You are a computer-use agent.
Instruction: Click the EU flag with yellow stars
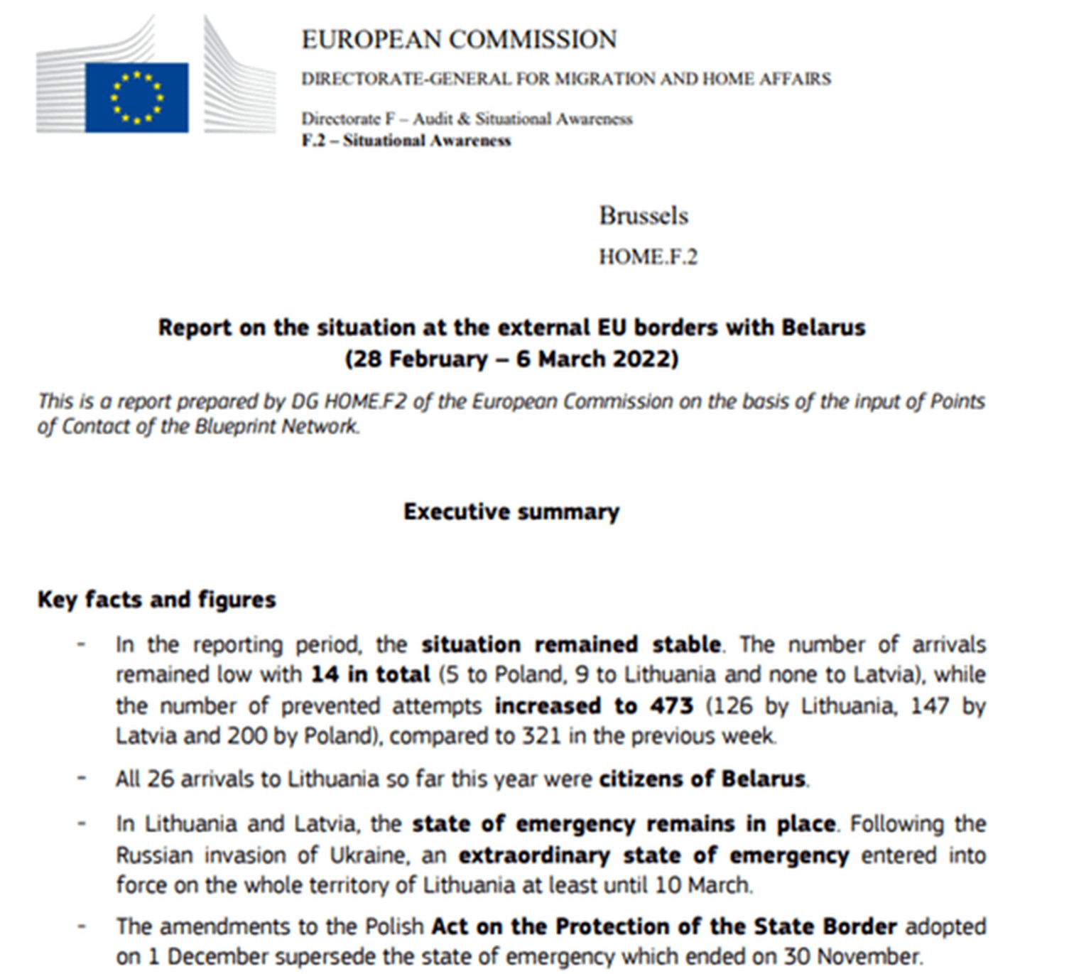click(x=136, y=97)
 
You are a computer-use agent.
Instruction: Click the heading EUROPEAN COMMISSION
click(x=459, y=40)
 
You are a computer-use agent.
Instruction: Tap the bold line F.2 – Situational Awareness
click(x=406, y=141)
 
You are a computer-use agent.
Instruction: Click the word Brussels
click(x=644, y=216)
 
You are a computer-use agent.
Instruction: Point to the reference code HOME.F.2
click(x=648, y=256)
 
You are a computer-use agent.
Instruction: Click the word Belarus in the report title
click(x=823, y=328)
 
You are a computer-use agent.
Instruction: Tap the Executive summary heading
click(x=511, y=512)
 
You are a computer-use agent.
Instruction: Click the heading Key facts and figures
click(x=156, y=600)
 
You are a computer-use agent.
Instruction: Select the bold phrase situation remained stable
click(x=570, y=644)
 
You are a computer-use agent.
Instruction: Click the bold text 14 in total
click(x=370, y=674)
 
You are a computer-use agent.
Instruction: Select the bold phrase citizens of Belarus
click(x=702, y=779)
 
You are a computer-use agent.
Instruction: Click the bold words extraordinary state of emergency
click(x=653, y=855)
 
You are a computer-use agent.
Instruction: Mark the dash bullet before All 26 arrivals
click(x=82, y=778)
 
